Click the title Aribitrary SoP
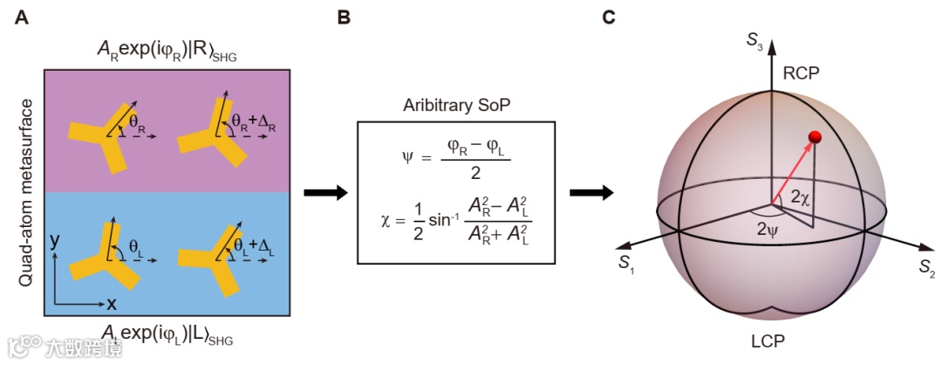(455, 107)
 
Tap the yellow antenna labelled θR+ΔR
(206, 136)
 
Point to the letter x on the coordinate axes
(112, 305)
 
